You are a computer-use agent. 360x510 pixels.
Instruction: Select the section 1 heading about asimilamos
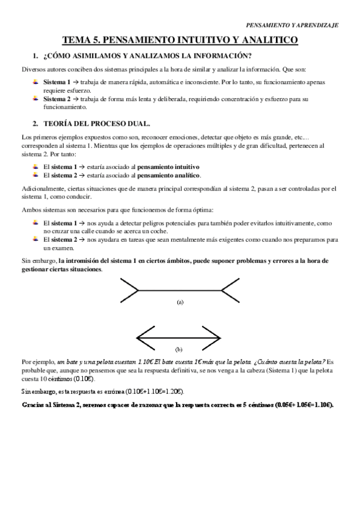pyautogui.click(x=143, y=57)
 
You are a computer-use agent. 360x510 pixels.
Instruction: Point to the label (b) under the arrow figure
pyautogui.click(x=178, y=349)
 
